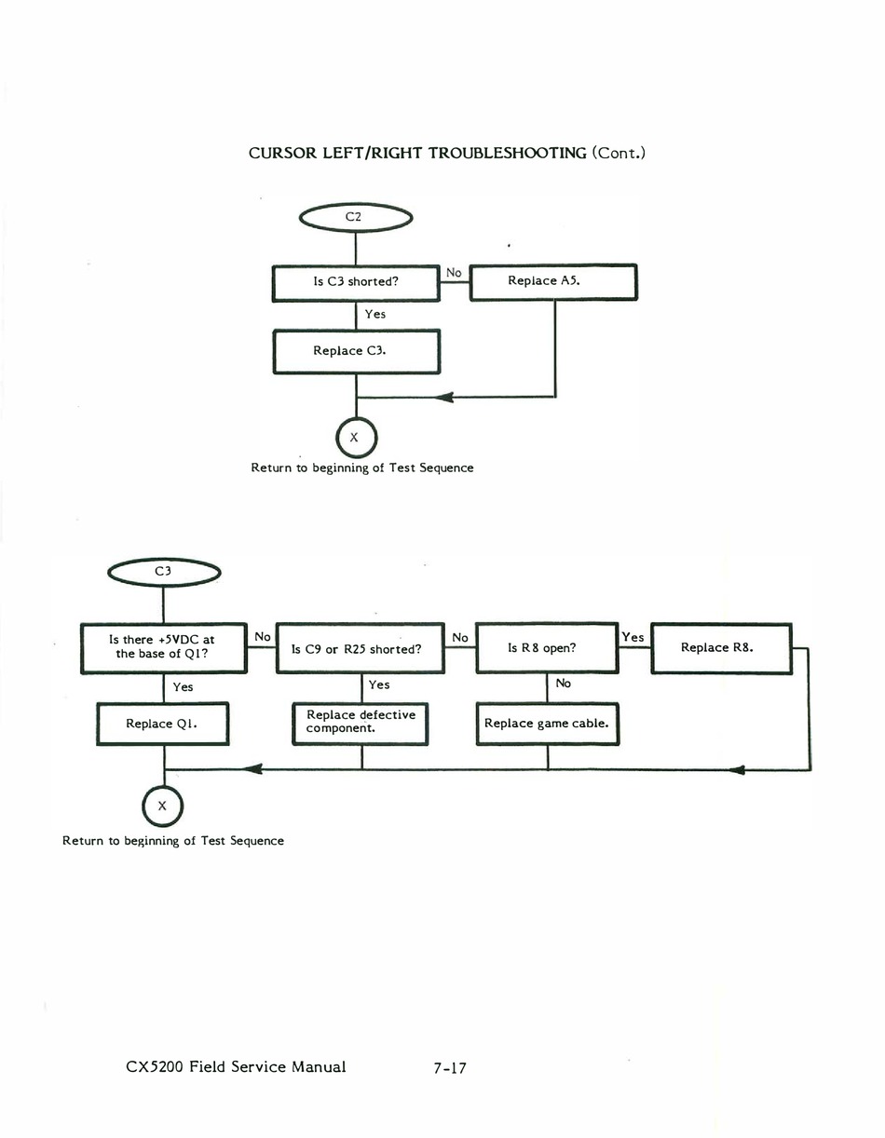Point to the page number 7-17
pyautogui.click(x=450, y=1068)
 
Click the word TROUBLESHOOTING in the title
pyautogui.click(x=508, y=153)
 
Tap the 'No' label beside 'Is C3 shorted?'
pyautogui.click(x=454, y=272)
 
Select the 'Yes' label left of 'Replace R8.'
pyautogui.click(x=633, y=637)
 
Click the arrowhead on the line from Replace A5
pyautogui.click(x=443, y=397)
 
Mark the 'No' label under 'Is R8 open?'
pyautogui.click(x=563, y=684)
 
